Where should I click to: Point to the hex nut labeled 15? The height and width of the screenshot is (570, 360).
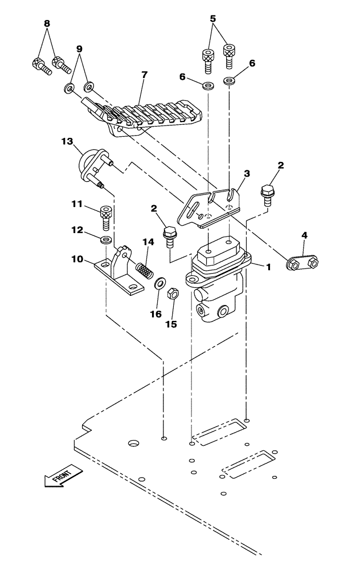174,294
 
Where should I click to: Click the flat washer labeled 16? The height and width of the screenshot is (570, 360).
160,282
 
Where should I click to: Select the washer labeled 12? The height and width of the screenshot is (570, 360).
106,239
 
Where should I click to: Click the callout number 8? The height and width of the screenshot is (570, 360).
47,23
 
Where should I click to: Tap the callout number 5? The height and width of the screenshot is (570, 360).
213,19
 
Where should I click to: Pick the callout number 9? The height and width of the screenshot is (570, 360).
79,49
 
